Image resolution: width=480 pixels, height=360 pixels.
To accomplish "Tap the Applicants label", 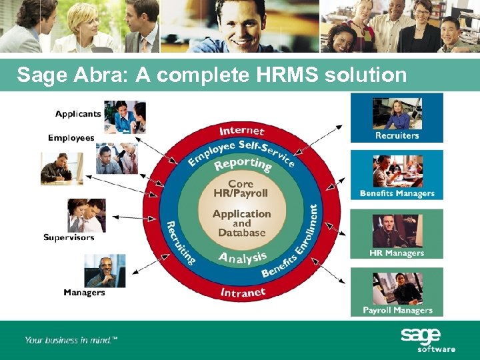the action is [x=78, y=114].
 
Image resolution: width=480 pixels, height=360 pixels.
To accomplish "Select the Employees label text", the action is [x=71, y=138].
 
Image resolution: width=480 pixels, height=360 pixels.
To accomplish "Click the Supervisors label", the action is [x=69, y=237].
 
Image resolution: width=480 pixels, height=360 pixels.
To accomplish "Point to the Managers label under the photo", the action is [x=84, y=293].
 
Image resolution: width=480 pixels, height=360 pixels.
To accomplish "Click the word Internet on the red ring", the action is [x=242, y=131].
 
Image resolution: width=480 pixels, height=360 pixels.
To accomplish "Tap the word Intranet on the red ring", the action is [x=243, y=292].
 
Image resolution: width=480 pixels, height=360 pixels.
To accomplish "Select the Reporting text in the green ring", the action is [x=243, y=164].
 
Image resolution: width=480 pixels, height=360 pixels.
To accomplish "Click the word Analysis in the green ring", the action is [x=243, y=257].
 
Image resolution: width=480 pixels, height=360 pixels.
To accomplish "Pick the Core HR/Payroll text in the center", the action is [x=241, y=189].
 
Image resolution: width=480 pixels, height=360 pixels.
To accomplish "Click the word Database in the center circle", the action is [x=241, y=233].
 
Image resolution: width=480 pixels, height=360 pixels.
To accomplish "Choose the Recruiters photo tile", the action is [x=397, y=117].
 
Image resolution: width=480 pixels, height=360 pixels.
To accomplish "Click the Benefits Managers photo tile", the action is [x=397, y=175].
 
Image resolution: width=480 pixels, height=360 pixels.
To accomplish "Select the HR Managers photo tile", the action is [x=397, y=233].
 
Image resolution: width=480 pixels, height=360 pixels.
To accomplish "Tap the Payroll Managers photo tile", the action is [x=397, y=292].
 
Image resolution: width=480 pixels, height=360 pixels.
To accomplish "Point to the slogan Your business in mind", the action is [x=71, y=340].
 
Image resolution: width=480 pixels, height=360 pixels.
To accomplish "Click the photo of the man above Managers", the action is [x=105, y=271].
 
